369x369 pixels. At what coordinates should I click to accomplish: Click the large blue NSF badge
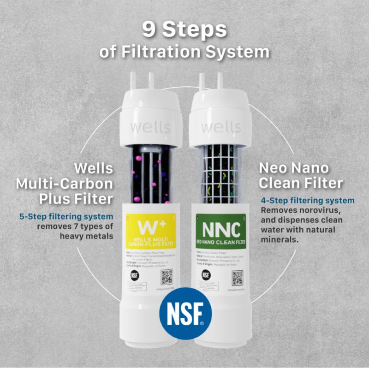(184, 314)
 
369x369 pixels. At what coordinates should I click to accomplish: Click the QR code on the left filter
(167, 277)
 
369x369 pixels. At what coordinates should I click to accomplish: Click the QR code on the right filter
(238, 277)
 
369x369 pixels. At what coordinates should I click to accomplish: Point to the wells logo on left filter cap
(149, 126)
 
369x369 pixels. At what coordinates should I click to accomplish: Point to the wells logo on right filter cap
(220, 126)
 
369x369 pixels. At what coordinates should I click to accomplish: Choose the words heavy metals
(86, 236)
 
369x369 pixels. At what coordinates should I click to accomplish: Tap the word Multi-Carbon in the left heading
(65, 184)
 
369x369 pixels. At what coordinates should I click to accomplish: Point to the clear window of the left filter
(149, 173)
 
